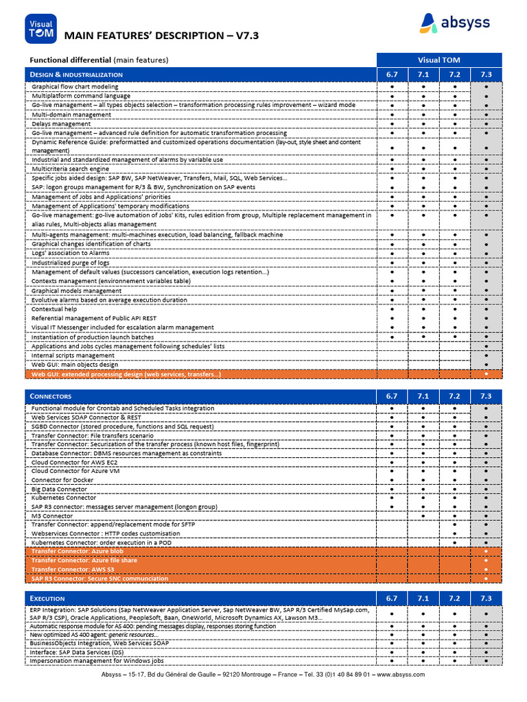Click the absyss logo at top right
pos(455,23)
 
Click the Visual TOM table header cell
pos(439,60)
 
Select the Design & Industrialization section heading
pos(77,74)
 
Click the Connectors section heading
pos(51,396)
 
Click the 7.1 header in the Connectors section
pos(423,396)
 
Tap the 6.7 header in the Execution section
pos(392,598)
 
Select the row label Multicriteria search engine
pos(71,169)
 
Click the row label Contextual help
pos(54,309)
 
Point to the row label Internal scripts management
pos(73,355)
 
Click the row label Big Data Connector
pos(60,489)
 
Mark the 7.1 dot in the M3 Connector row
pos(423,516)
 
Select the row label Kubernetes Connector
pos(64,498)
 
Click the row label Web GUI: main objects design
pos(75,365)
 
